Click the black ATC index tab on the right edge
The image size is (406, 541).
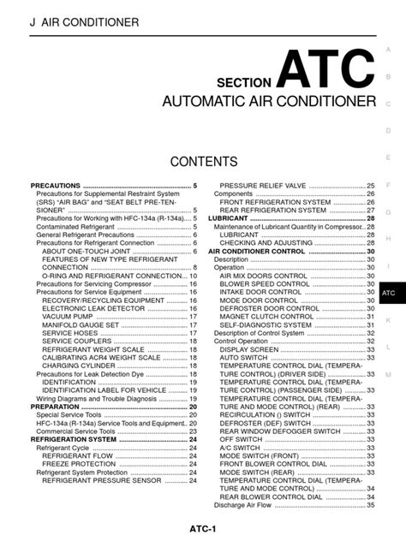pos(389,293)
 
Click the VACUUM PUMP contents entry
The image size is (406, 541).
pos(67,316)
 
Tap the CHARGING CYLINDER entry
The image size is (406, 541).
pos(79,365)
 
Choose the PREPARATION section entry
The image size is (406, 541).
pos(57,406)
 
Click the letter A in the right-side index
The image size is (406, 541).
pos(388,50)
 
